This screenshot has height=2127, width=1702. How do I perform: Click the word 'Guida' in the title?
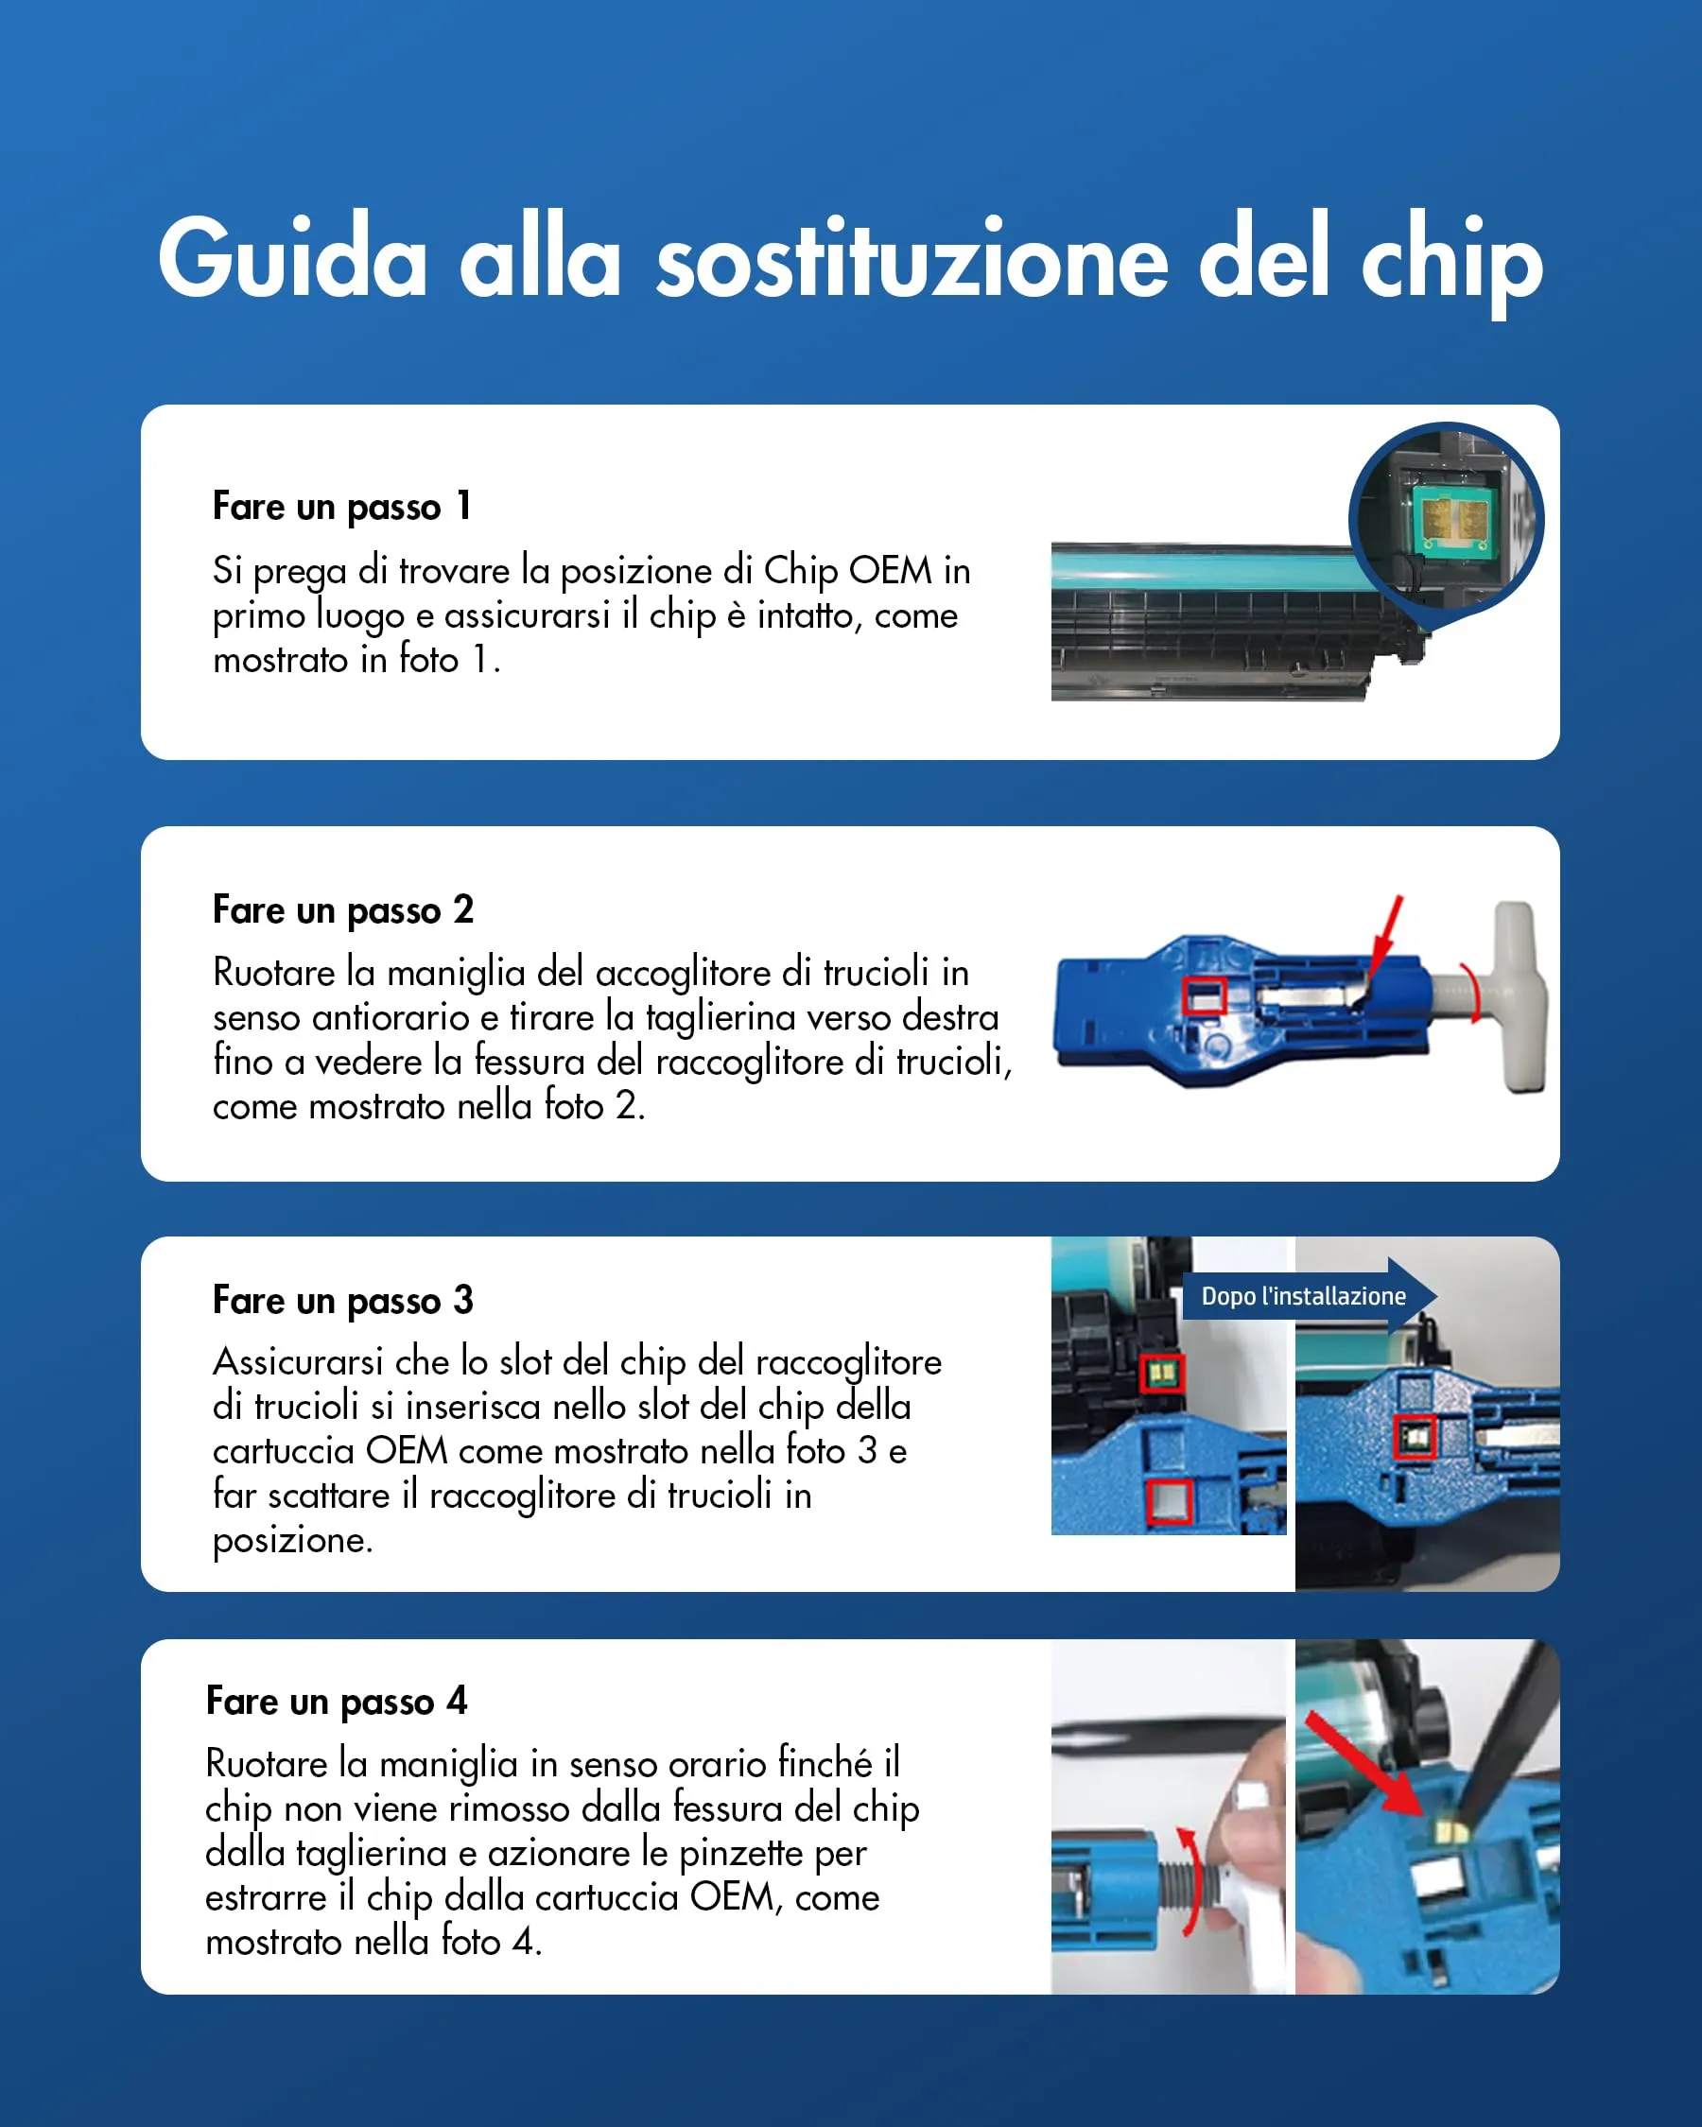pos(292,258)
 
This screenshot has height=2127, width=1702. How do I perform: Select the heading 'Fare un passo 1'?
pos(341,507)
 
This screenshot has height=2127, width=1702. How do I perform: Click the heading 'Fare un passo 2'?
pos(342,909)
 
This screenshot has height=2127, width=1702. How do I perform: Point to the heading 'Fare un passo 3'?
pos(342,1300)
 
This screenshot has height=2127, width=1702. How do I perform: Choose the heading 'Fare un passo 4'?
pos(336,1701)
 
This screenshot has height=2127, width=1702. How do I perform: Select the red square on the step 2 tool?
pos(1203,996)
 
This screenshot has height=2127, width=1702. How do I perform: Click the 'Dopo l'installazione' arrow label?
pos(1304,1296)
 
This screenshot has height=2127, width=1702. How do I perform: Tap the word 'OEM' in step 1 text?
pos(889,570)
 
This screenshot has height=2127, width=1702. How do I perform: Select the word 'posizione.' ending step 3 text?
pos(292,1541)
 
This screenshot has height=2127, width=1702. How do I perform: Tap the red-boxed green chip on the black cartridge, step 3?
pos(1161,1374)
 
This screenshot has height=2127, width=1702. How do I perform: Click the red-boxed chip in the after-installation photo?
pos(1414,1438)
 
